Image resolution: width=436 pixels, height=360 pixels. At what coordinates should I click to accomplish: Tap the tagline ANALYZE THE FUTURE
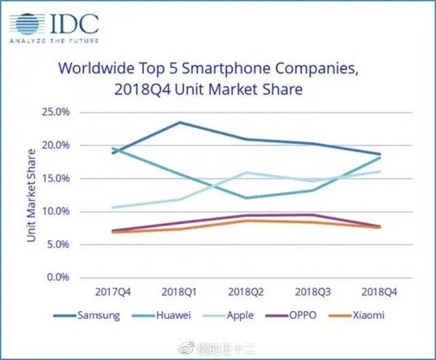tap(54, 41)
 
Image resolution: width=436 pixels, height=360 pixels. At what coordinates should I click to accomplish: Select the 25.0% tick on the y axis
tap(58, 112)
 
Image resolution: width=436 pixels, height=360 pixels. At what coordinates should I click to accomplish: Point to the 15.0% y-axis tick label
tap(58, 178)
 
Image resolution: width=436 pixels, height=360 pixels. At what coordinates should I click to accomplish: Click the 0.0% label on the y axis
tap(61, 277)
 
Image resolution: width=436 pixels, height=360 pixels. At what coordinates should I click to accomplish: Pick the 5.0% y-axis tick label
tap(61, 244)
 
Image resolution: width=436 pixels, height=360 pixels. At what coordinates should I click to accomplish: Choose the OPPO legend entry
tap(300, 315)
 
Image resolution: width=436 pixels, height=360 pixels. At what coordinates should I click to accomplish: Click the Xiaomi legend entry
tap(367, 315)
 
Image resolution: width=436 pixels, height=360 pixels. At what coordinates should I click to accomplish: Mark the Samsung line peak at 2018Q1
tap(179, 123)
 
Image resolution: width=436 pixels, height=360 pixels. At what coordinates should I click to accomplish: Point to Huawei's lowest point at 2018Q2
tap(245, 198)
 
